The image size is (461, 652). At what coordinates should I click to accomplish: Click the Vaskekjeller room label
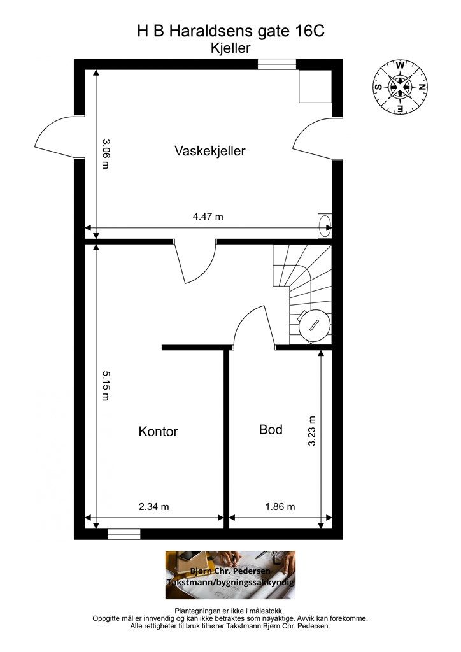209,151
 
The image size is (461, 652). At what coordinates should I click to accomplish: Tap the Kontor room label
158,431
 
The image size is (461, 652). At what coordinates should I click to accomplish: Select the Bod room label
271,429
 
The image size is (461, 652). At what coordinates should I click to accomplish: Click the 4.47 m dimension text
208,216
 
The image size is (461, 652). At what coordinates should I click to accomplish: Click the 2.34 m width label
154,507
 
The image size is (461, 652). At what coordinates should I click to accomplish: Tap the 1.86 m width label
280,507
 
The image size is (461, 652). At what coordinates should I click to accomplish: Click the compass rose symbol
400,87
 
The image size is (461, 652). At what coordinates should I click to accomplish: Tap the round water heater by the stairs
315,325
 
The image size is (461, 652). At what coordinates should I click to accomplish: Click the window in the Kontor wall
124,534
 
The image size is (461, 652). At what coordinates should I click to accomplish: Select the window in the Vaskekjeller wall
277,64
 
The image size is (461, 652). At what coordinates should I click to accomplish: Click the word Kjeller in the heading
230,47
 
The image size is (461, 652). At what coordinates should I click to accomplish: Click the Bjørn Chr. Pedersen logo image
230,574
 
